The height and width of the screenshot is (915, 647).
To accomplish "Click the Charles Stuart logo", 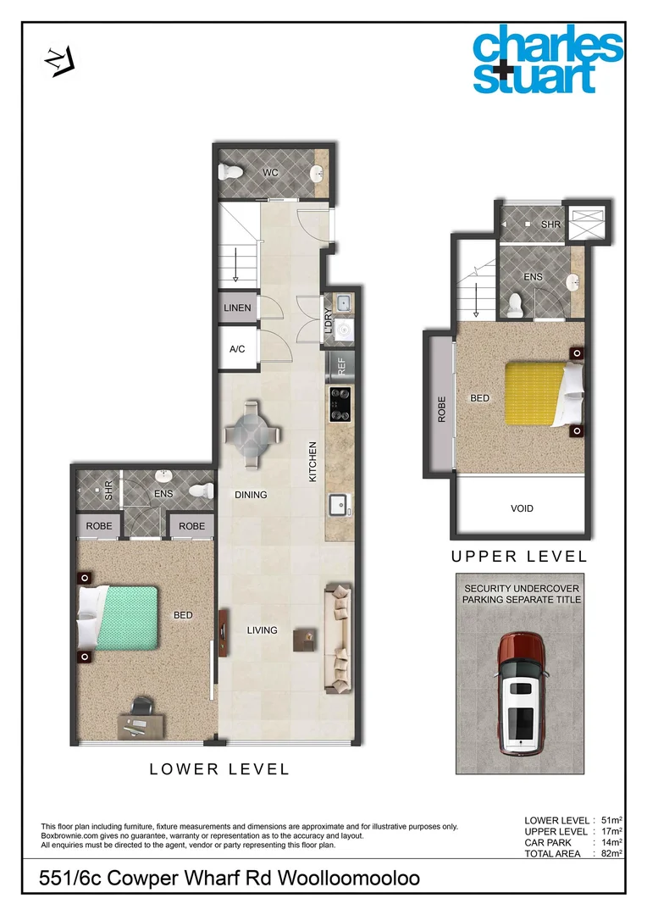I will tap(548, 61).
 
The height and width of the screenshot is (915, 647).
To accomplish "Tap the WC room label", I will tap(270, 173).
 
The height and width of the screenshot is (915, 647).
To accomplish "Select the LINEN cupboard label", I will tap(237, 308).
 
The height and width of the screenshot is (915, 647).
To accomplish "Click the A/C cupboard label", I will tap(237, 348).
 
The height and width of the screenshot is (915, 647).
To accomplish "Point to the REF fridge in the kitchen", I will tap(341, 367).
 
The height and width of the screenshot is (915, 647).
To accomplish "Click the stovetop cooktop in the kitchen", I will tap(341, 404).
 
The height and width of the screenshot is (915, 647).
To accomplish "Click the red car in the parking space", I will tap(520, 694).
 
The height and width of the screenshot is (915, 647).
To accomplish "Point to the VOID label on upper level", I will tap(523, 508).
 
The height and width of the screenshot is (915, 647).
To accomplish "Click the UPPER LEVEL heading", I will tap(518, 557).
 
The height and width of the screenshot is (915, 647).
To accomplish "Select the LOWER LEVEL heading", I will tap(219, 769).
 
